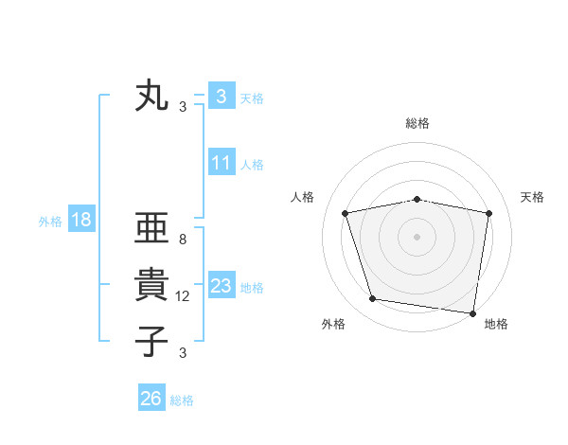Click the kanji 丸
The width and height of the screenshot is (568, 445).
pos(151,97)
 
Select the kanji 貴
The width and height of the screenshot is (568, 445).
pos(151,285)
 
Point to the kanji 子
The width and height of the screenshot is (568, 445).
pos(151,342)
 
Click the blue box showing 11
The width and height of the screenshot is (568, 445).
pos(221,163)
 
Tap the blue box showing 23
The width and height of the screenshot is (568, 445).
pos(221,286)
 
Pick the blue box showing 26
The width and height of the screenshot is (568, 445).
pos(151,399)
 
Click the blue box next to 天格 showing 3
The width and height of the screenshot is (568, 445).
pos(221,97)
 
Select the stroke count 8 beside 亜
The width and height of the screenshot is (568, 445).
pos(183,240)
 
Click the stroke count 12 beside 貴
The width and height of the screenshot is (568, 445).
pos(183,296)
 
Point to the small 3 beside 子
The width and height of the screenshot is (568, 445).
pos(183,353)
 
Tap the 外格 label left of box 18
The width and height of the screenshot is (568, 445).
pos(50,222)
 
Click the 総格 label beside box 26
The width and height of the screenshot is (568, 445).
pos(182,400)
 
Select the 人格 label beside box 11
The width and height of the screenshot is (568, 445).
pos(252,165)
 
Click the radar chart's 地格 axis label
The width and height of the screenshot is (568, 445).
pos(496,324)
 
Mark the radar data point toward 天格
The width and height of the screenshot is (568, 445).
pos(488,213)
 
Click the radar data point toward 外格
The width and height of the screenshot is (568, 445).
pos(373,299)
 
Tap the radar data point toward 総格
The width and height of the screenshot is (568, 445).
pos(417,199)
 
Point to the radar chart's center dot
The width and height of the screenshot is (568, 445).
pos(417,237)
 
